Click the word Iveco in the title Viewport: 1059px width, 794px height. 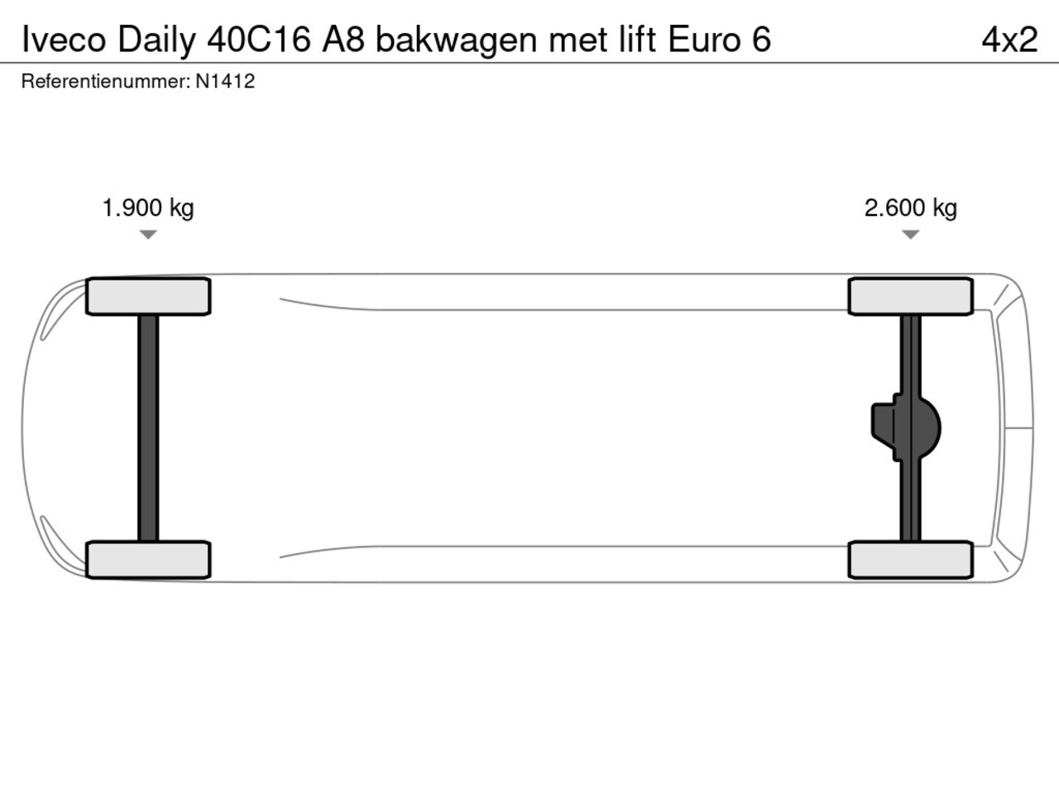(x=64, y=40)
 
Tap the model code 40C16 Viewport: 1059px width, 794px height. (x=259, y=40)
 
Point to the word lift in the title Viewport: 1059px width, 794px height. (x=638, y=39)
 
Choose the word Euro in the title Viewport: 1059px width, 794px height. (x=704, y=40)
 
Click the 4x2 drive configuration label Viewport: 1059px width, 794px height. (x=1009, y=40)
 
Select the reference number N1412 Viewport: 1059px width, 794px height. (x=225, y=82)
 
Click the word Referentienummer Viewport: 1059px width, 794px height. (x=106, y=82)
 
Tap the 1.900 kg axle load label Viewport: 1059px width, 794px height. (x=148, y=208)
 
